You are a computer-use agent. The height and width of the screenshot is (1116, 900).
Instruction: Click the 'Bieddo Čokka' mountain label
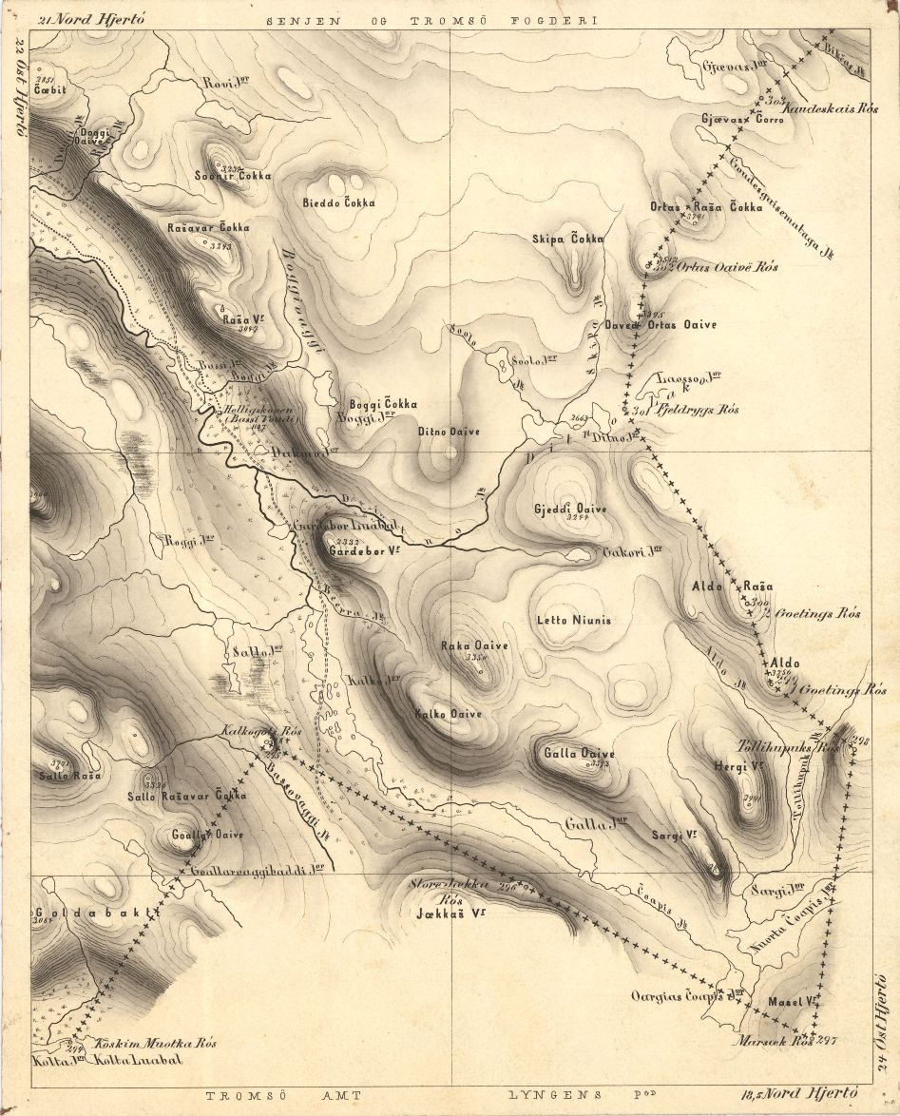pyautogui.click(x=338, y=203)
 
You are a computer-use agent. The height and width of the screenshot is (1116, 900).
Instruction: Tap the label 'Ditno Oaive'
pyautogui.click(x=449, y=432)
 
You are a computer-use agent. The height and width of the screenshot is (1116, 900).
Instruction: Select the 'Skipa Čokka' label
pyautogui.click(x=568, y=240)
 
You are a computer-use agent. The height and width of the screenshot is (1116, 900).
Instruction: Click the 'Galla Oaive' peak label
pyautogui.click(x=579, y=754)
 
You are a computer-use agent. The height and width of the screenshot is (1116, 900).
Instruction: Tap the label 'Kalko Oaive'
pyautogui.click(x=449, y=714)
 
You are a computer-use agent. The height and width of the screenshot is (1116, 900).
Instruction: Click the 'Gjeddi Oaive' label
pyautogui.click(x=570, y=509)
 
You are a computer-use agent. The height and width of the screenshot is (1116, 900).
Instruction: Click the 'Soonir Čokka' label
pyautogui.click(x=232, y=176)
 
